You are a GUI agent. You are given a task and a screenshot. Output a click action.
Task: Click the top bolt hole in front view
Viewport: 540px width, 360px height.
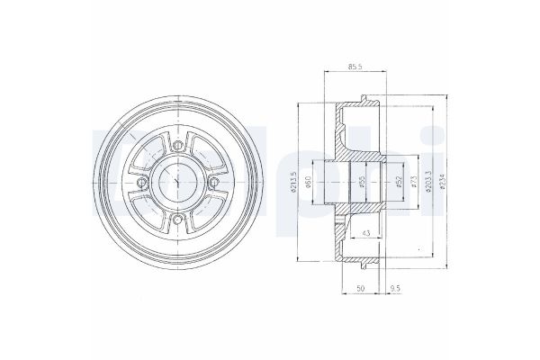tap(178, 146)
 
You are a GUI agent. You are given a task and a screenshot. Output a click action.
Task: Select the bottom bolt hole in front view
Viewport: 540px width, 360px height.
tap(178, 219)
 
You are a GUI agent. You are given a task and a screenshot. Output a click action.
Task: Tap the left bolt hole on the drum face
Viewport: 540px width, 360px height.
tap(142, 183)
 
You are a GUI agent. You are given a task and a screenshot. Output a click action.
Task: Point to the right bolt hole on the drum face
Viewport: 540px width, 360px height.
tap(215, 183)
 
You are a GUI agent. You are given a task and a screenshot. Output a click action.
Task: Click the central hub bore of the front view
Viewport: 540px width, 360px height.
tap(178, 183)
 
